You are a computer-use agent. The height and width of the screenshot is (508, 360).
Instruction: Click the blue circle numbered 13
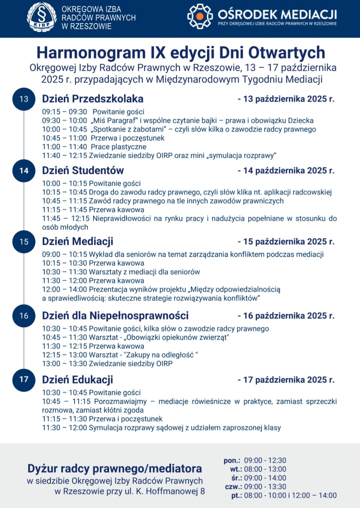(24, 99)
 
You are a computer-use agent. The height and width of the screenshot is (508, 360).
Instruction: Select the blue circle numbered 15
(24, 242)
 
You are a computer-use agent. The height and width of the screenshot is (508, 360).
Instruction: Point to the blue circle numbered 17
(24, 379)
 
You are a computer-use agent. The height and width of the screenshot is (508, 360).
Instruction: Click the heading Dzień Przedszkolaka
(93, 99)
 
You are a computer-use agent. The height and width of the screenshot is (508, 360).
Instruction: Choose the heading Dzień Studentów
(83, 170)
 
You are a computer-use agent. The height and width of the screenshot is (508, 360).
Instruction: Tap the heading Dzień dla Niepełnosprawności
(115, 316)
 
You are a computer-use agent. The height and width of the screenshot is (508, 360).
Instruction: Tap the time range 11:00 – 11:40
(65, 147)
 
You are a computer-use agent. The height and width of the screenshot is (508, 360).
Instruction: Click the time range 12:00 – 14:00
(65, 289)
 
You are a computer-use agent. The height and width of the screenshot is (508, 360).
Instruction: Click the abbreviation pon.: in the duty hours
(232, 461)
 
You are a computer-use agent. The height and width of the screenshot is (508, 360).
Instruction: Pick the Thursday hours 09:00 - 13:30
(265, 487)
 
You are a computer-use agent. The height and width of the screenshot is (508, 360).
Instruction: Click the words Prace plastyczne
(118, 147)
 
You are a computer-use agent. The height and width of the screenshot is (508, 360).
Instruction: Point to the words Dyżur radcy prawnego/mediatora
(115, 469)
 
